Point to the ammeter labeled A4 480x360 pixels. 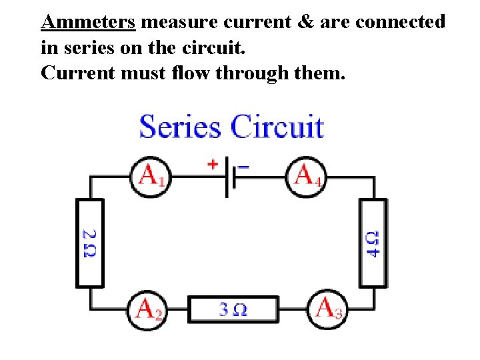pos(307,177)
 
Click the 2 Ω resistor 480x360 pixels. pos(89,243)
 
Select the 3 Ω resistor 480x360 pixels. pos(233,309)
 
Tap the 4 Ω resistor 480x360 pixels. pos(373,243)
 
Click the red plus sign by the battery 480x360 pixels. pos(213,163)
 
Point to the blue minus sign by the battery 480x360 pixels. pos(243,165)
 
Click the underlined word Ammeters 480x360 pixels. pos(88,22)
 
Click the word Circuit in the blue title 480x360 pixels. pos(277,127)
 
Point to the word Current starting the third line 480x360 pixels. pos(78,72)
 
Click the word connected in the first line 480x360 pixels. pos(400,22)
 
